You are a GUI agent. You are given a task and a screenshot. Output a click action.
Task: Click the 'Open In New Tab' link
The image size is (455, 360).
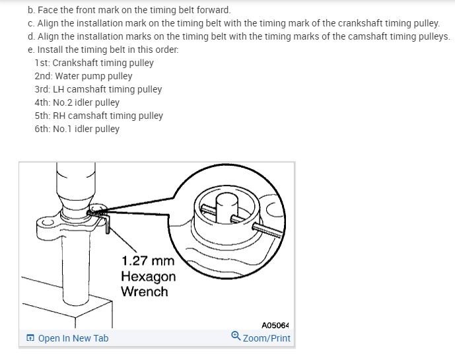pos(73,338)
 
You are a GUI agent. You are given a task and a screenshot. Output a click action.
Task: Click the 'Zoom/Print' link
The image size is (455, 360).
pos(266,338)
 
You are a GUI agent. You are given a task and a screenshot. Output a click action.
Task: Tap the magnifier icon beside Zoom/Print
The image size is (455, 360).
pos(236,337)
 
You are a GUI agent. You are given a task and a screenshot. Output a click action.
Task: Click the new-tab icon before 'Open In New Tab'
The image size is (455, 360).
pos(30,338)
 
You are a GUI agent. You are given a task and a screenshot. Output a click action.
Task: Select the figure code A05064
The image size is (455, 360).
pos(275,325)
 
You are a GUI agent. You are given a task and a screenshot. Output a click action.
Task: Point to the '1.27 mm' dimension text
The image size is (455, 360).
pos(148,262)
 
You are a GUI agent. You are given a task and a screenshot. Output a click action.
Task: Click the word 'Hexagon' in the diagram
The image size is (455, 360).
pos(148,277)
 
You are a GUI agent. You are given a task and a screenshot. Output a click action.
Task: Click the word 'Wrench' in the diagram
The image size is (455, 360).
pos(145,291)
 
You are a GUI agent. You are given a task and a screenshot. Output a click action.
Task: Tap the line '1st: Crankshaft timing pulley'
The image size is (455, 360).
pos(94,63)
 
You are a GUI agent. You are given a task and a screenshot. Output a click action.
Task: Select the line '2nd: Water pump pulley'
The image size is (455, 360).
pos(83,76)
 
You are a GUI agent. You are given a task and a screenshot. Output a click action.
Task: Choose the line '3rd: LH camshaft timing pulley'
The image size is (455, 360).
pos(98,89)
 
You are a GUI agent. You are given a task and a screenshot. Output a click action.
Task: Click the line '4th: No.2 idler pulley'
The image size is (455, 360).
pos(77,102)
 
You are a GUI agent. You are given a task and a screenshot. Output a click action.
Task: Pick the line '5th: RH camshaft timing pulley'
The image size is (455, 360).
pos(98,116)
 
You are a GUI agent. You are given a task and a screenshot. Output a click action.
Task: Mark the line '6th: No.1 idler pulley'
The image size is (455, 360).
pos(77,129)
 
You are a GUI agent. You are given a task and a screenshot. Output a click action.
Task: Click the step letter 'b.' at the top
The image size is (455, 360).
pos(32,11)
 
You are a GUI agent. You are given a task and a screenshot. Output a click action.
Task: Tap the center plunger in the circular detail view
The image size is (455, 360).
pos(225,202)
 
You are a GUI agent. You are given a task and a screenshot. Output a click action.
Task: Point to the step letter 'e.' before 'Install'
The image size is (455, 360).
pos(32,50)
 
